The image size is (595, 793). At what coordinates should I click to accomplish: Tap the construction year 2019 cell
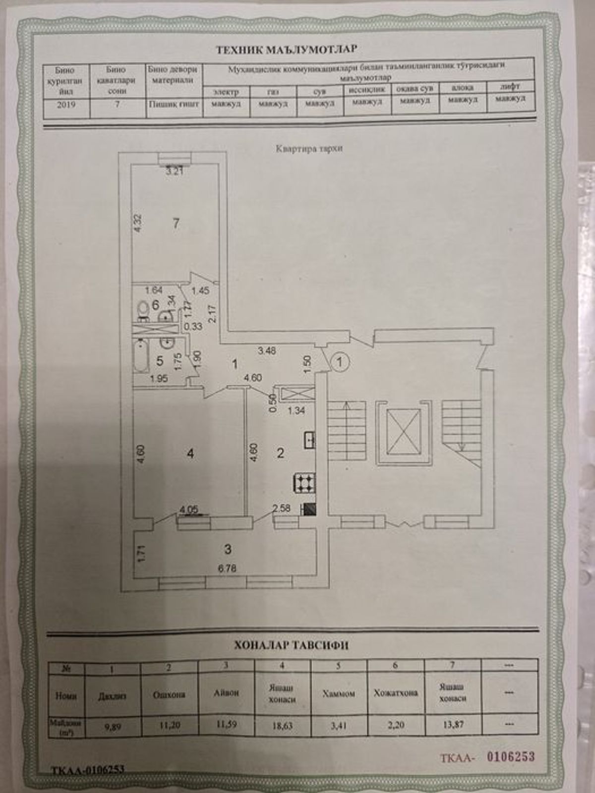[66, 105]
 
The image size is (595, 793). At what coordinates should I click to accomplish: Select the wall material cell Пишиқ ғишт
[174, 105]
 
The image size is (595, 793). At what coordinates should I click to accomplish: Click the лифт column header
[510, 86]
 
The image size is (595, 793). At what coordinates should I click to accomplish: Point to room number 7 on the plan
[176, 224]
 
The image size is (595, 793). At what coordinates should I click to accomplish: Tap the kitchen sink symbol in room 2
[310, 440]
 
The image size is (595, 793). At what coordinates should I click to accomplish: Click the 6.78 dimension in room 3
[228, 568]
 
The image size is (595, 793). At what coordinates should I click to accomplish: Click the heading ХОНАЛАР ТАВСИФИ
[291, 645]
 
